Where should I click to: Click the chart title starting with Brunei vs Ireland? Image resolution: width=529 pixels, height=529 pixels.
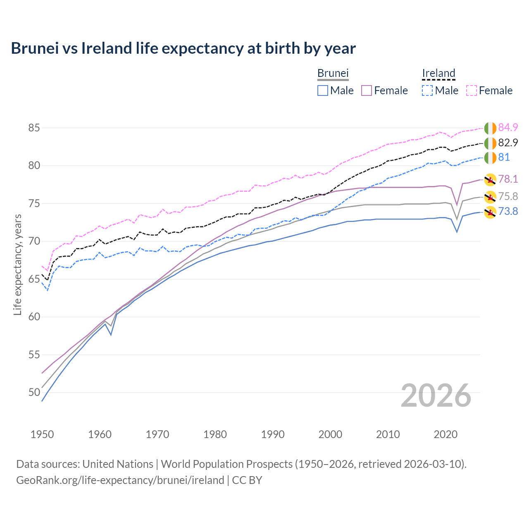point(183,48)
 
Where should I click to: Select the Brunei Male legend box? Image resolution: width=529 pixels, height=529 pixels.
point(323,91)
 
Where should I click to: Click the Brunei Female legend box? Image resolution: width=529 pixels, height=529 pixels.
point(367,91)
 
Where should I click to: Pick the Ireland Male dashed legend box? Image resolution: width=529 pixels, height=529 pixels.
point(427,91)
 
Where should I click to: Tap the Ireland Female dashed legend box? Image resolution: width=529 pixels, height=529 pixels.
point(472,91)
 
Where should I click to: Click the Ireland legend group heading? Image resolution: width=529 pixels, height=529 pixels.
point(438,73)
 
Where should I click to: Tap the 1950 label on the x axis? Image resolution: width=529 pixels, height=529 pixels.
point(42,434)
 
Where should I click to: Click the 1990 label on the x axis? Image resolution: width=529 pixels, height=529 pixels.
point(273,434)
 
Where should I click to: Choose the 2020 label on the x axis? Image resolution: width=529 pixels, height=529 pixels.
point(446,434)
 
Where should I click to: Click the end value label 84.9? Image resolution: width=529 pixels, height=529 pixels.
point(508,127)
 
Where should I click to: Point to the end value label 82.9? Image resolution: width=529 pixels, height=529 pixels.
point(508,143)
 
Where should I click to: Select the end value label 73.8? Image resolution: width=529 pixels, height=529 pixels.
point(508,212)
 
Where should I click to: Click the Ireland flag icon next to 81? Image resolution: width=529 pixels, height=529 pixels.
point(490,157)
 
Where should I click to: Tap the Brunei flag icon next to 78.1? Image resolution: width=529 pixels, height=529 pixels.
point(490,179)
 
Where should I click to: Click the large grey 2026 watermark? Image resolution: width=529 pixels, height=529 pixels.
point(436,396)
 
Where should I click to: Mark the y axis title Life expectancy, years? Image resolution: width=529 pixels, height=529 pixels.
point(17,264)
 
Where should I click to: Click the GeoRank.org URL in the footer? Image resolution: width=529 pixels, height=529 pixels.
point(120,480)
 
